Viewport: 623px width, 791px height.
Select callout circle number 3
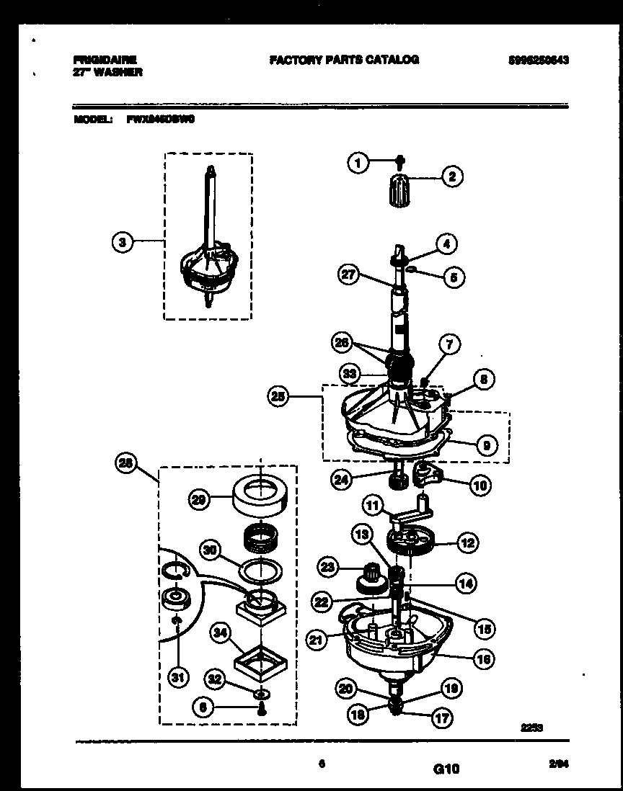tap(123, 243)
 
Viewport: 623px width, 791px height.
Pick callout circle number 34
tap(220, 633)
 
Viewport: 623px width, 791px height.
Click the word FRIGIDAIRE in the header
tap(105, 60)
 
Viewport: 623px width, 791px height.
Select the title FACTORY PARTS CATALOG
tap(345, 60)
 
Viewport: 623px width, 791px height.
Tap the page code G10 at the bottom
tap(446, 769)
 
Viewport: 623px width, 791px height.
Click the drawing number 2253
tap(532, 728)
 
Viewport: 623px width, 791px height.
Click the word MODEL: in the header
tap(93, 120)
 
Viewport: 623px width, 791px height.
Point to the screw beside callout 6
tap(259, 709)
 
